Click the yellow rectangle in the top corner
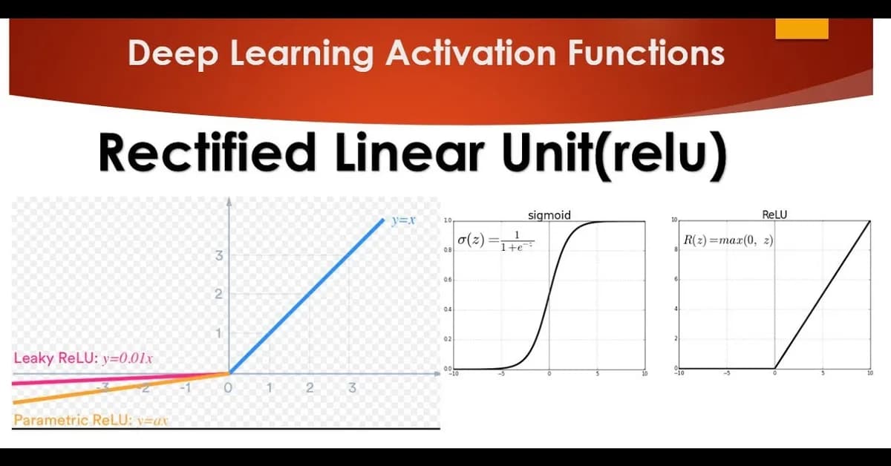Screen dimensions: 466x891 [x=801, y=28]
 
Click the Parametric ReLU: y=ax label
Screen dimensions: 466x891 [x=91, y=421]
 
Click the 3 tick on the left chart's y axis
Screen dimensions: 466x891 [x=218, y=257]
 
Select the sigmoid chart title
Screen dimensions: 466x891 [x=549, y=216]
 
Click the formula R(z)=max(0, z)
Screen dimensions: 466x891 [x=728, y=243]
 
